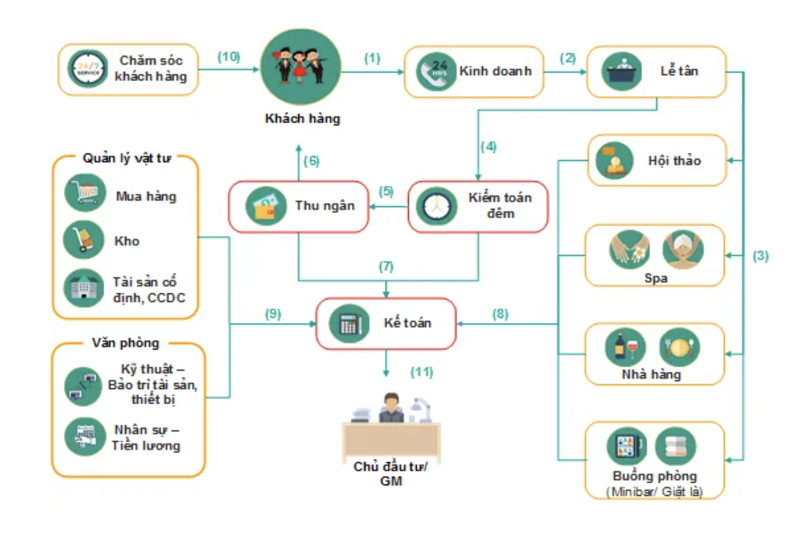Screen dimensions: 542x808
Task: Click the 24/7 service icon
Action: click(87, 69)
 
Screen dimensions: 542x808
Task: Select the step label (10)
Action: click(229, 57)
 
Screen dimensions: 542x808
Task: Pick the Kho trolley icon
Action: click(84, 240)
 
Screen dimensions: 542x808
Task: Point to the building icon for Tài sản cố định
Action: click(84, 287)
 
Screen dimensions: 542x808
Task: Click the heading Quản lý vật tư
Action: click(126, 159)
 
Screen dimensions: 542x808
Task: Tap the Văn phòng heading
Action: click(126, 343)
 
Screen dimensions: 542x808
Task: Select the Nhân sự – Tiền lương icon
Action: click(84, 436)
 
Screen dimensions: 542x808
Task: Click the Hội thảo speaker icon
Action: click(614, 160)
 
